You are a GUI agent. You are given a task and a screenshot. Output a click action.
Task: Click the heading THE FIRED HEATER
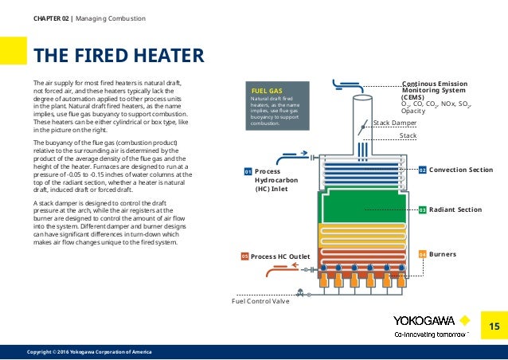tap(118, 55)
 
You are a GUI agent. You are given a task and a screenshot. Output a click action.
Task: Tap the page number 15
tap(493, 326)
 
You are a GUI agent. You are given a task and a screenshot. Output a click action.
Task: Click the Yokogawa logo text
tap(424, 320)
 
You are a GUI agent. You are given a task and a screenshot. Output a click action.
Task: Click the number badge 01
tap(248, 171)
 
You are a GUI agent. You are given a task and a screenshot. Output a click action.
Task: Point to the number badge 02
tap(423, 170)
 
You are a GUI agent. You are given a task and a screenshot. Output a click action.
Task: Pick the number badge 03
tap(423, 209)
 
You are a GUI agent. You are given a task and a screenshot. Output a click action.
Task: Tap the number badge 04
tap(423, 254)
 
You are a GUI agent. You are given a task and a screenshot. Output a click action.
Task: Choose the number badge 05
tap(245, 256)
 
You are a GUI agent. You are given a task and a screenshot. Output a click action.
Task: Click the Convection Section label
tap(461, 170)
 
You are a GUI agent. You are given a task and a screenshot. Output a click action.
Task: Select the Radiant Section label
tap(455, 209)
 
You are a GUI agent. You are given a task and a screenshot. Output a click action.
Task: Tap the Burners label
tap(443, 254)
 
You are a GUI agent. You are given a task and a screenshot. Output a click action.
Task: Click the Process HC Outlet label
tap(279, 256)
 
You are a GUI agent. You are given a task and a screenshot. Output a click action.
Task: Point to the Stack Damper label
tap(395, 123)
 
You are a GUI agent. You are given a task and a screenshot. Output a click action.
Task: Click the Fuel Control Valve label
tap(260, 301)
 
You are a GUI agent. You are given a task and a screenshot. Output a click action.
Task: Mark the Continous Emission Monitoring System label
tap(435, 88)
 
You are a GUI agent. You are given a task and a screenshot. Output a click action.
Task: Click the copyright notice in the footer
tap(89, 352)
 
